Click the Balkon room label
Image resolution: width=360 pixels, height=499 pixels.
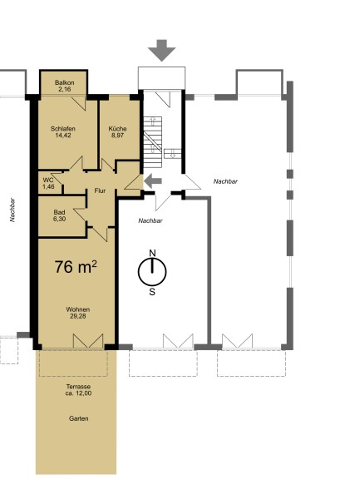65,82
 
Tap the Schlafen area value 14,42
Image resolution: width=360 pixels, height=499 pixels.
63,136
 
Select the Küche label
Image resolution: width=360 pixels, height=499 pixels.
118,129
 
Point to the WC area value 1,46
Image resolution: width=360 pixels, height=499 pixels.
48,186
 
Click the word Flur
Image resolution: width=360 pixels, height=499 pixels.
100,190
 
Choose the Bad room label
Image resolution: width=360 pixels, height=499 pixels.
60,212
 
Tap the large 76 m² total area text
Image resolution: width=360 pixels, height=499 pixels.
76,267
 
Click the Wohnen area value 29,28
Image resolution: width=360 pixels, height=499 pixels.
78,316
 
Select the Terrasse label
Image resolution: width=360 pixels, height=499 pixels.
78,387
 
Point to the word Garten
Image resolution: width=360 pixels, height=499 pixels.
78,418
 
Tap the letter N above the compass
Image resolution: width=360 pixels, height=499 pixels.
153,254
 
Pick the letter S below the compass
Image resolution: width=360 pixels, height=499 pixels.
152,292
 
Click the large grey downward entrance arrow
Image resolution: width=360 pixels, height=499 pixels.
161,50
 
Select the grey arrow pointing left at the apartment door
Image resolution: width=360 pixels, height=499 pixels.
153,181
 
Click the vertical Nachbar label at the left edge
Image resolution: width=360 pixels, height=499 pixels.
12,210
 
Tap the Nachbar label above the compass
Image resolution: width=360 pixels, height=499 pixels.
150,220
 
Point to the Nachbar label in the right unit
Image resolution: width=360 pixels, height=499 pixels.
225,181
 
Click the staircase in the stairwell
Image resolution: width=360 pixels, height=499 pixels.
153,142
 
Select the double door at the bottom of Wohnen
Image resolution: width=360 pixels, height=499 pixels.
88,341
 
